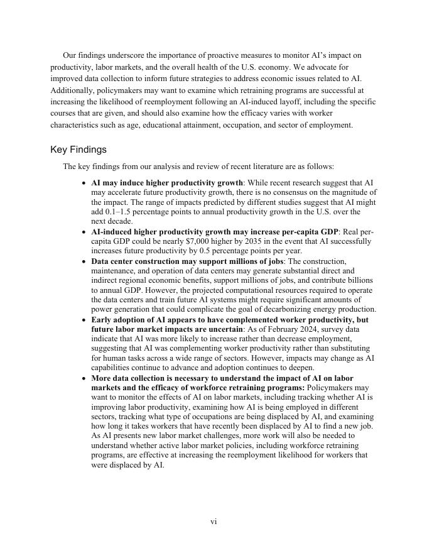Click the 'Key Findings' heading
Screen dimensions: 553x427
point(78,150)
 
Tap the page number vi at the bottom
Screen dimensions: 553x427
point(213,522)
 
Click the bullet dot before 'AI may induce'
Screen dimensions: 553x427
point(84,183)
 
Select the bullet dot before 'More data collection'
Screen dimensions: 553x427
point(84,379)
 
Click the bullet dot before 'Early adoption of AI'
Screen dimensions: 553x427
point(84,320)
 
